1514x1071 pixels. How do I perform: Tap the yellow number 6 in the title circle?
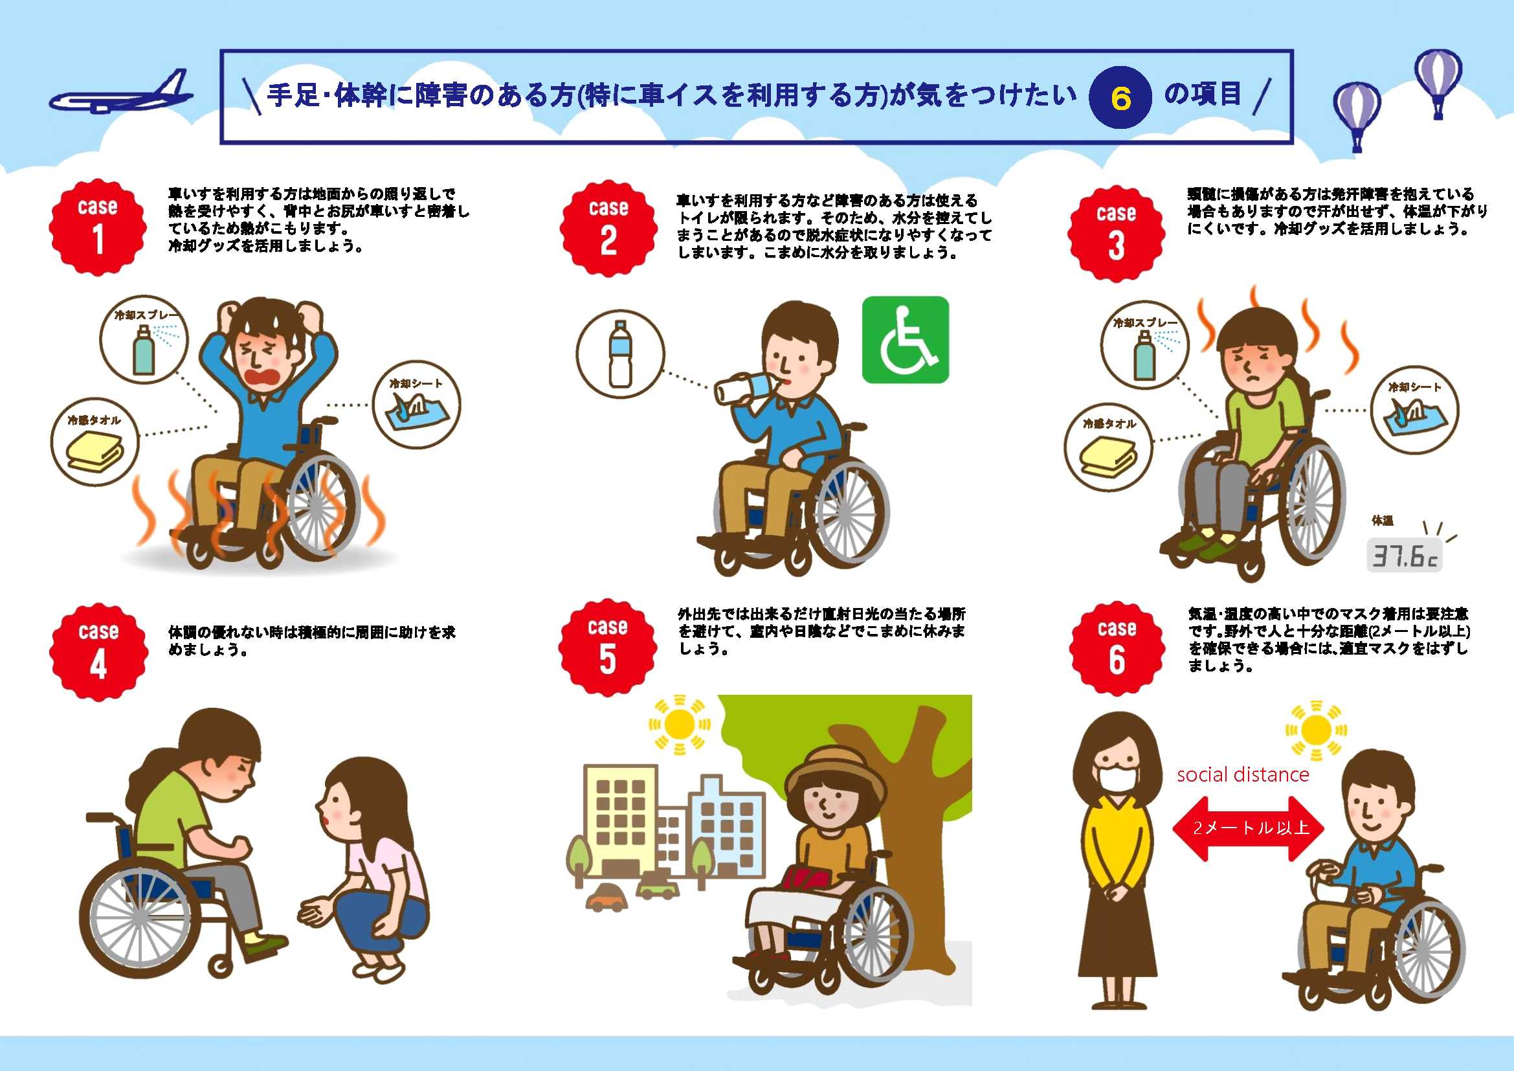1120,99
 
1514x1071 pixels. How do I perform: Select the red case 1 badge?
98,227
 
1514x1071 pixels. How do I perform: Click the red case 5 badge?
607,648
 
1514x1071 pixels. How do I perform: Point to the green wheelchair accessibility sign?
906,340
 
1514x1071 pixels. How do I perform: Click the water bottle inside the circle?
620,354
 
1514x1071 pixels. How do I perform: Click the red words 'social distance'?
1243,774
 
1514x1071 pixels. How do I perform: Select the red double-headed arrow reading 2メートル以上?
1248,828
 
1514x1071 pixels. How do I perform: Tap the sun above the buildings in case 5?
679,725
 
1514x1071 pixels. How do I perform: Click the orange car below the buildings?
607,898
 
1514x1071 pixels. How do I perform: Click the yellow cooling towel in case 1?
95,452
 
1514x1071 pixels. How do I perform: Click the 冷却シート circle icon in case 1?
416,405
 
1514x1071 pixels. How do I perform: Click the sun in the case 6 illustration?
1316,730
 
